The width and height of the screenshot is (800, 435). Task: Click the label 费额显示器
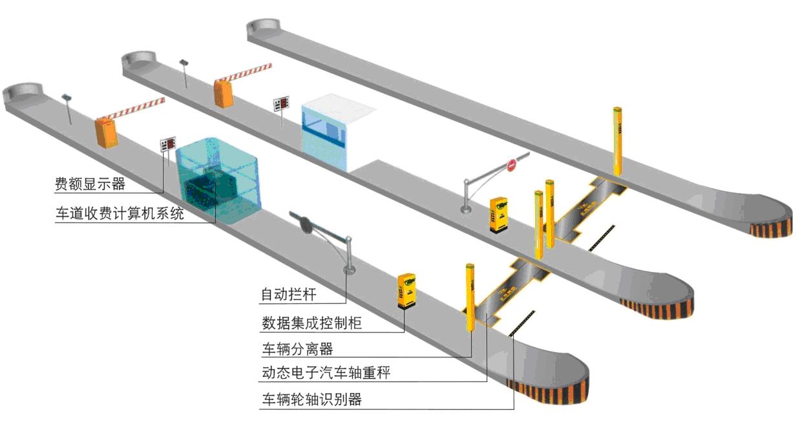(x=90, y=184)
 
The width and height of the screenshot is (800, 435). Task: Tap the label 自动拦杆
(x=289, y=295)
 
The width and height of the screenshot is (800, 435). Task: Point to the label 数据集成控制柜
(x=311, y=323)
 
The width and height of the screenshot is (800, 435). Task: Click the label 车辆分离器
(x=297, y=349)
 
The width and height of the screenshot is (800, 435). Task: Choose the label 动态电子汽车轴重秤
(x=326, y=373)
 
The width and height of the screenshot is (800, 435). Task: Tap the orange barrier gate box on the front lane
(x=107, y=133)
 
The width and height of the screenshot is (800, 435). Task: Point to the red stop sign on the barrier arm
(x=511, y=165)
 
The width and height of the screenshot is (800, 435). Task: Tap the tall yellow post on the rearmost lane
(x=617, y=141)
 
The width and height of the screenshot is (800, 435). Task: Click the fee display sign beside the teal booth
(x=168, y=144)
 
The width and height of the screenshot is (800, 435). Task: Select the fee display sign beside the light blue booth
(x=281, y=103)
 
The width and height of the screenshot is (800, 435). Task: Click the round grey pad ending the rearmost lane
(x=264, y=27)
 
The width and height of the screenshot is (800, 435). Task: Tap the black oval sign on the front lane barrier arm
(x=304, y=223)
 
